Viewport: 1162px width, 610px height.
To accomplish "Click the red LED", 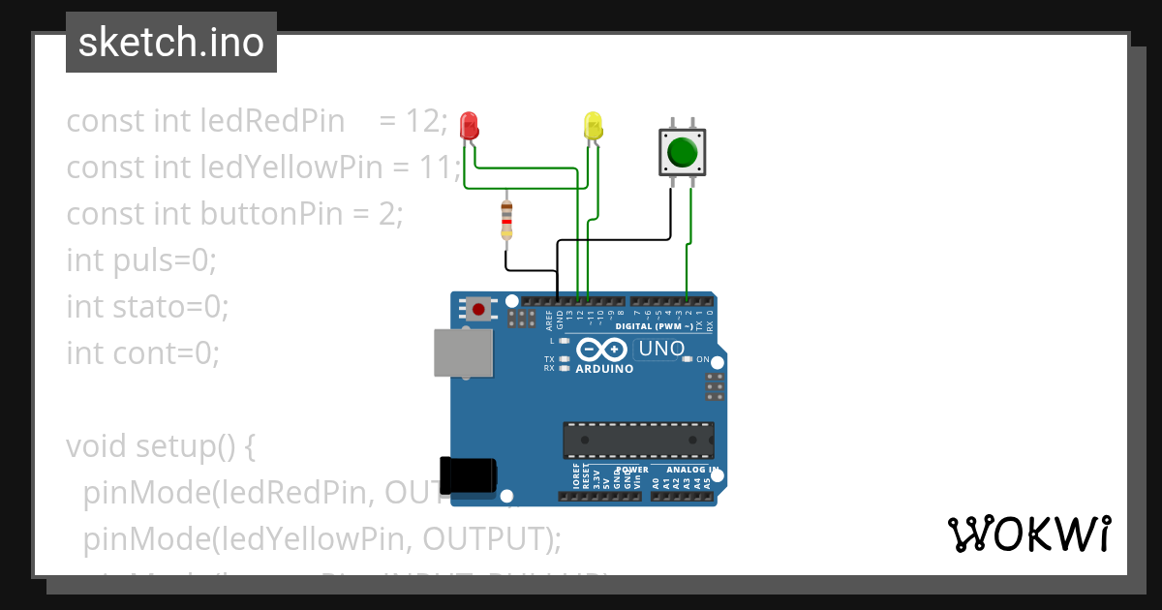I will coord(469,125).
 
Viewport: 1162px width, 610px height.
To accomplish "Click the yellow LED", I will coord(593,125).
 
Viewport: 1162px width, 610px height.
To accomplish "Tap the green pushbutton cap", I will coord(682,152).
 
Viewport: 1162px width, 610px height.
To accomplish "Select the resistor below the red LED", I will coord(505,221).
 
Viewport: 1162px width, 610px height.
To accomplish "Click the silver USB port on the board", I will coord(461,352).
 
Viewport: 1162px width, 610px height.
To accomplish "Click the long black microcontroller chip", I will coord(638,440).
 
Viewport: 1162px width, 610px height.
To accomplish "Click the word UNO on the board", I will coord(662,349).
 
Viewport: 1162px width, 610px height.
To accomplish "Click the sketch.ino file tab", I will coord(171,43).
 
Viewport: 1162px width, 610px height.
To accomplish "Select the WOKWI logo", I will coord(1028,534).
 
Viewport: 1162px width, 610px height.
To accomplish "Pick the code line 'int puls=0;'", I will coord(141,260).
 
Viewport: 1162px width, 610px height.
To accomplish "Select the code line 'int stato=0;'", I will coord(147,307).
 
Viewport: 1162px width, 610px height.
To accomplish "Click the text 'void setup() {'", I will coord(160,446).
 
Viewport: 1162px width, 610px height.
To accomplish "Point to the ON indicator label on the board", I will coord(703,359).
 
